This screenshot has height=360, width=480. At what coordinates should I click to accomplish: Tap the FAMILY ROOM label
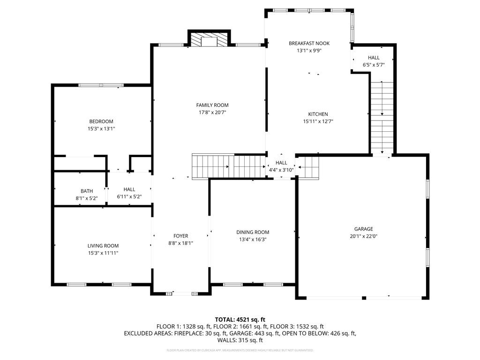[212, 105]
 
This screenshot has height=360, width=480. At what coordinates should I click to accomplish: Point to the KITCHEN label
[318, 114]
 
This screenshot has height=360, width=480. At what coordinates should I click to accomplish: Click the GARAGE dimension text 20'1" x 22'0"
[363, 237]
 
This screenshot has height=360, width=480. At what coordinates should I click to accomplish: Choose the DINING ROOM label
[253, 232]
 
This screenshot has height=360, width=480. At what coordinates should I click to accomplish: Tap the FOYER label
[180, 236]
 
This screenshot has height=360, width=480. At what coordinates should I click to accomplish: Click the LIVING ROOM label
[103, 246]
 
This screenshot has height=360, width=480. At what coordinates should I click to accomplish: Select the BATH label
[87, 191]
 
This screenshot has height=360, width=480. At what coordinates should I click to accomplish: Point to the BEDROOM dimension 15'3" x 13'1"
[101, 128]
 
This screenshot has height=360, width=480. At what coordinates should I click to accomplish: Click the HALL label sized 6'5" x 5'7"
[374, 58]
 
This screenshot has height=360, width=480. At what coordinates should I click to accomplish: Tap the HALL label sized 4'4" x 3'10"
[281, 163]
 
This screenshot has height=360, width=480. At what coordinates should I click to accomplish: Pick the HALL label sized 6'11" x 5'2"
[129, 189]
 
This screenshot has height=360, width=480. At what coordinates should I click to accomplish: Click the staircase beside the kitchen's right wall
[382, 117]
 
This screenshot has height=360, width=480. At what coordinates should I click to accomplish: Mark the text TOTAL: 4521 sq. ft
[240, 319]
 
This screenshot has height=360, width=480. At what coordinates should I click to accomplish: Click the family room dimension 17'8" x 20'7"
[212, 112]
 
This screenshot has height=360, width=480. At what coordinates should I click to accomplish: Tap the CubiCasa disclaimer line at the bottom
[240, 350]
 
